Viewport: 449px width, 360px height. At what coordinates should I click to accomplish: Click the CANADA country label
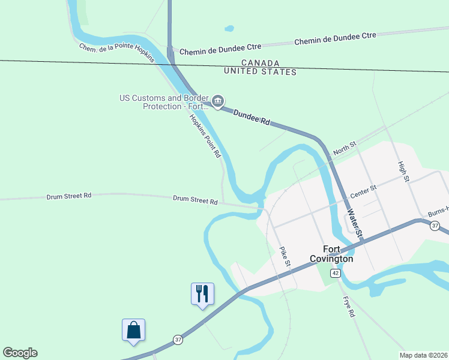click(x=261, y=63)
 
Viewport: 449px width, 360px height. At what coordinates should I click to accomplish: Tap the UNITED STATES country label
click(x=260, y=72)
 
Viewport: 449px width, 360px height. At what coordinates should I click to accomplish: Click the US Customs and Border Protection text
click(x=163, y=102)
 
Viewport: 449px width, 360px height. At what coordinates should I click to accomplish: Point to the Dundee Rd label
click(x=252, y=116)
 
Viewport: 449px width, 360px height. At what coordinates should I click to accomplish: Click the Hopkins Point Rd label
click(x=205, y=136)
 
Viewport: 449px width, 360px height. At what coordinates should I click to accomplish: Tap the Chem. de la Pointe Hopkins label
click(x=117, y=53)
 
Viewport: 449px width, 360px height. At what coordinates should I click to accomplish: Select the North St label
click(x=345, y=148)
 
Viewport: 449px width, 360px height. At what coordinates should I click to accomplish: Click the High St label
click(x=403, y=171)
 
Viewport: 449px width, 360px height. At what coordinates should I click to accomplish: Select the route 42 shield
click(x=336, y=273)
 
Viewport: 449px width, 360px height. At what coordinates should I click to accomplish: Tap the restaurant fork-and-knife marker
click(x=202, y=294)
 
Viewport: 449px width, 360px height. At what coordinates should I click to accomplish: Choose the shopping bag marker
click(x=133, y=330)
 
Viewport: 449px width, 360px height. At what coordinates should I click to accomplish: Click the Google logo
click(x=20, y=353)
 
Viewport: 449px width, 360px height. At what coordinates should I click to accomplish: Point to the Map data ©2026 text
click(x=423, y=355)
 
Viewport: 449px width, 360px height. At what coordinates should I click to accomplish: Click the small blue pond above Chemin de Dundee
click(x=229, y=28)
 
